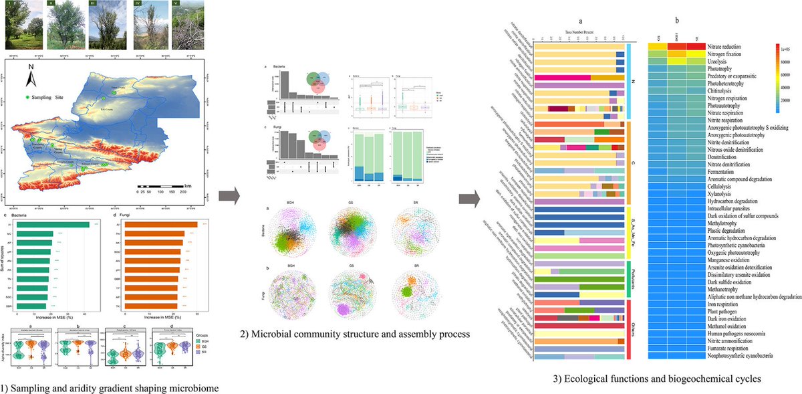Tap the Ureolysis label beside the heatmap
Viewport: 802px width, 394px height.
(706, 61)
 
